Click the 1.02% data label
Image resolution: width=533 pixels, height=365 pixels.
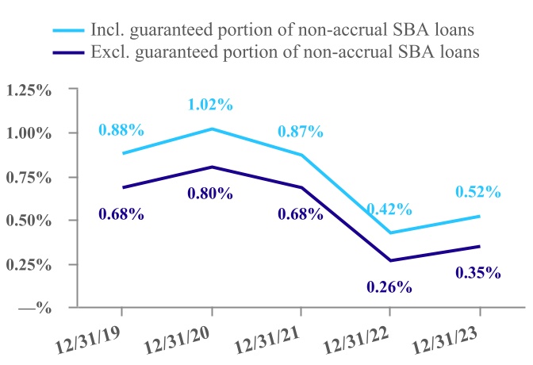[x=210, y=104]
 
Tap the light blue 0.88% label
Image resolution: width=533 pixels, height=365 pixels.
[x=121, y=129]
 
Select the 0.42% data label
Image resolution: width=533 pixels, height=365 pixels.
[x=389, y=209]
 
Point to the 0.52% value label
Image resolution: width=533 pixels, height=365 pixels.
[x=478, y=191]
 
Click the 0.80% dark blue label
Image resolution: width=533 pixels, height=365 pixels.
[x=210, y=193]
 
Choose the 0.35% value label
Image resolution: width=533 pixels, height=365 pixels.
[x=478, y=273]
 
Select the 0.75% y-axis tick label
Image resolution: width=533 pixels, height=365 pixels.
[x=29, y=177]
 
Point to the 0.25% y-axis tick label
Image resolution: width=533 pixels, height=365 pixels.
[x=29, y=264]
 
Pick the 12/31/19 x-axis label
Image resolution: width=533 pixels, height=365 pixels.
[x=88, y=340]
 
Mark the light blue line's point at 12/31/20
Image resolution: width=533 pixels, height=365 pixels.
[x=210, y=129]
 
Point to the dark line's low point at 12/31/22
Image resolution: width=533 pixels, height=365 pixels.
[x=389, y=260]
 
